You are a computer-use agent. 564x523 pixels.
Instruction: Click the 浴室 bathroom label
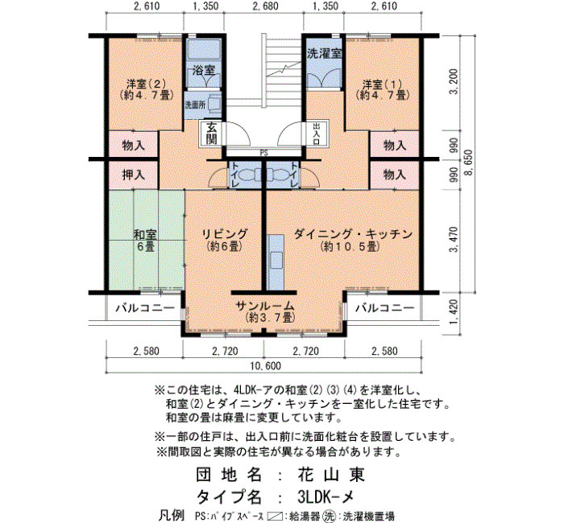pos(204,70)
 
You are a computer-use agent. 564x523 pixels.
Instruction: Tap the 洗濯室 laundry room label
pos(324,54)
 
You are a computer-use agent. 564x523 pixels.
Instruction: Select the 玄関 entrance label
pos(211,134)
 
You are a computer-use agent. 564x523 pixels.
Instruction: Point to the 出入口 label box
pos(317,134)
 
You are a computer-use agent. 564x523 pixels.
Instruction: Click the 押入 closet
pos(134,175)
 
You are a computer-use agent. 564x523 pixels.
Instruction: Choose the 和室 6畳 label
pos(145,241)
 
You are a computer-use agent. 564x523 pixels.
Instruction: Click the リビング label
pos(224,240)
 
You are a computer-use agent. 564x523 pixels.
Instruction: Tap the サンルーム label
pos(265,312)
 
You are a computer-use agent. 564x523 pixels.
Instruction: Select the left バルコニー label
pos(145,308)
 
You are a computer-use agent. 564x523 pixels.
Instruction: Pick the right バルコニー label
pos(384,308)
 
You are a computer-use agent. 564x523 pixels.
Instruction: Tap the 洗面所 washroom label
pos(195,105)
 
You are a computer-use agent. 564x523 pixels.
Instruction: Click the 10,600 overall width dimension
pos(265,366)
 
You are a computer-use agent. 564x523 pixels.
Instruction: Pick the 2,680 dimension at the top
pos(265,6)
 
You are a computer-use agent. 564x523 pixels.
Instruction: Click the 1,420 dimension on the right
pos(454,311)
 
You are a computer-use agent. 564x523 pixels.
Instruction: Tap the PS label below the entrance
pos(264,153)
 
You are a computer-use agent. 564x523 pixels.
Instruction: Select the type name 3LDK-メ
pos(326,496)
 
